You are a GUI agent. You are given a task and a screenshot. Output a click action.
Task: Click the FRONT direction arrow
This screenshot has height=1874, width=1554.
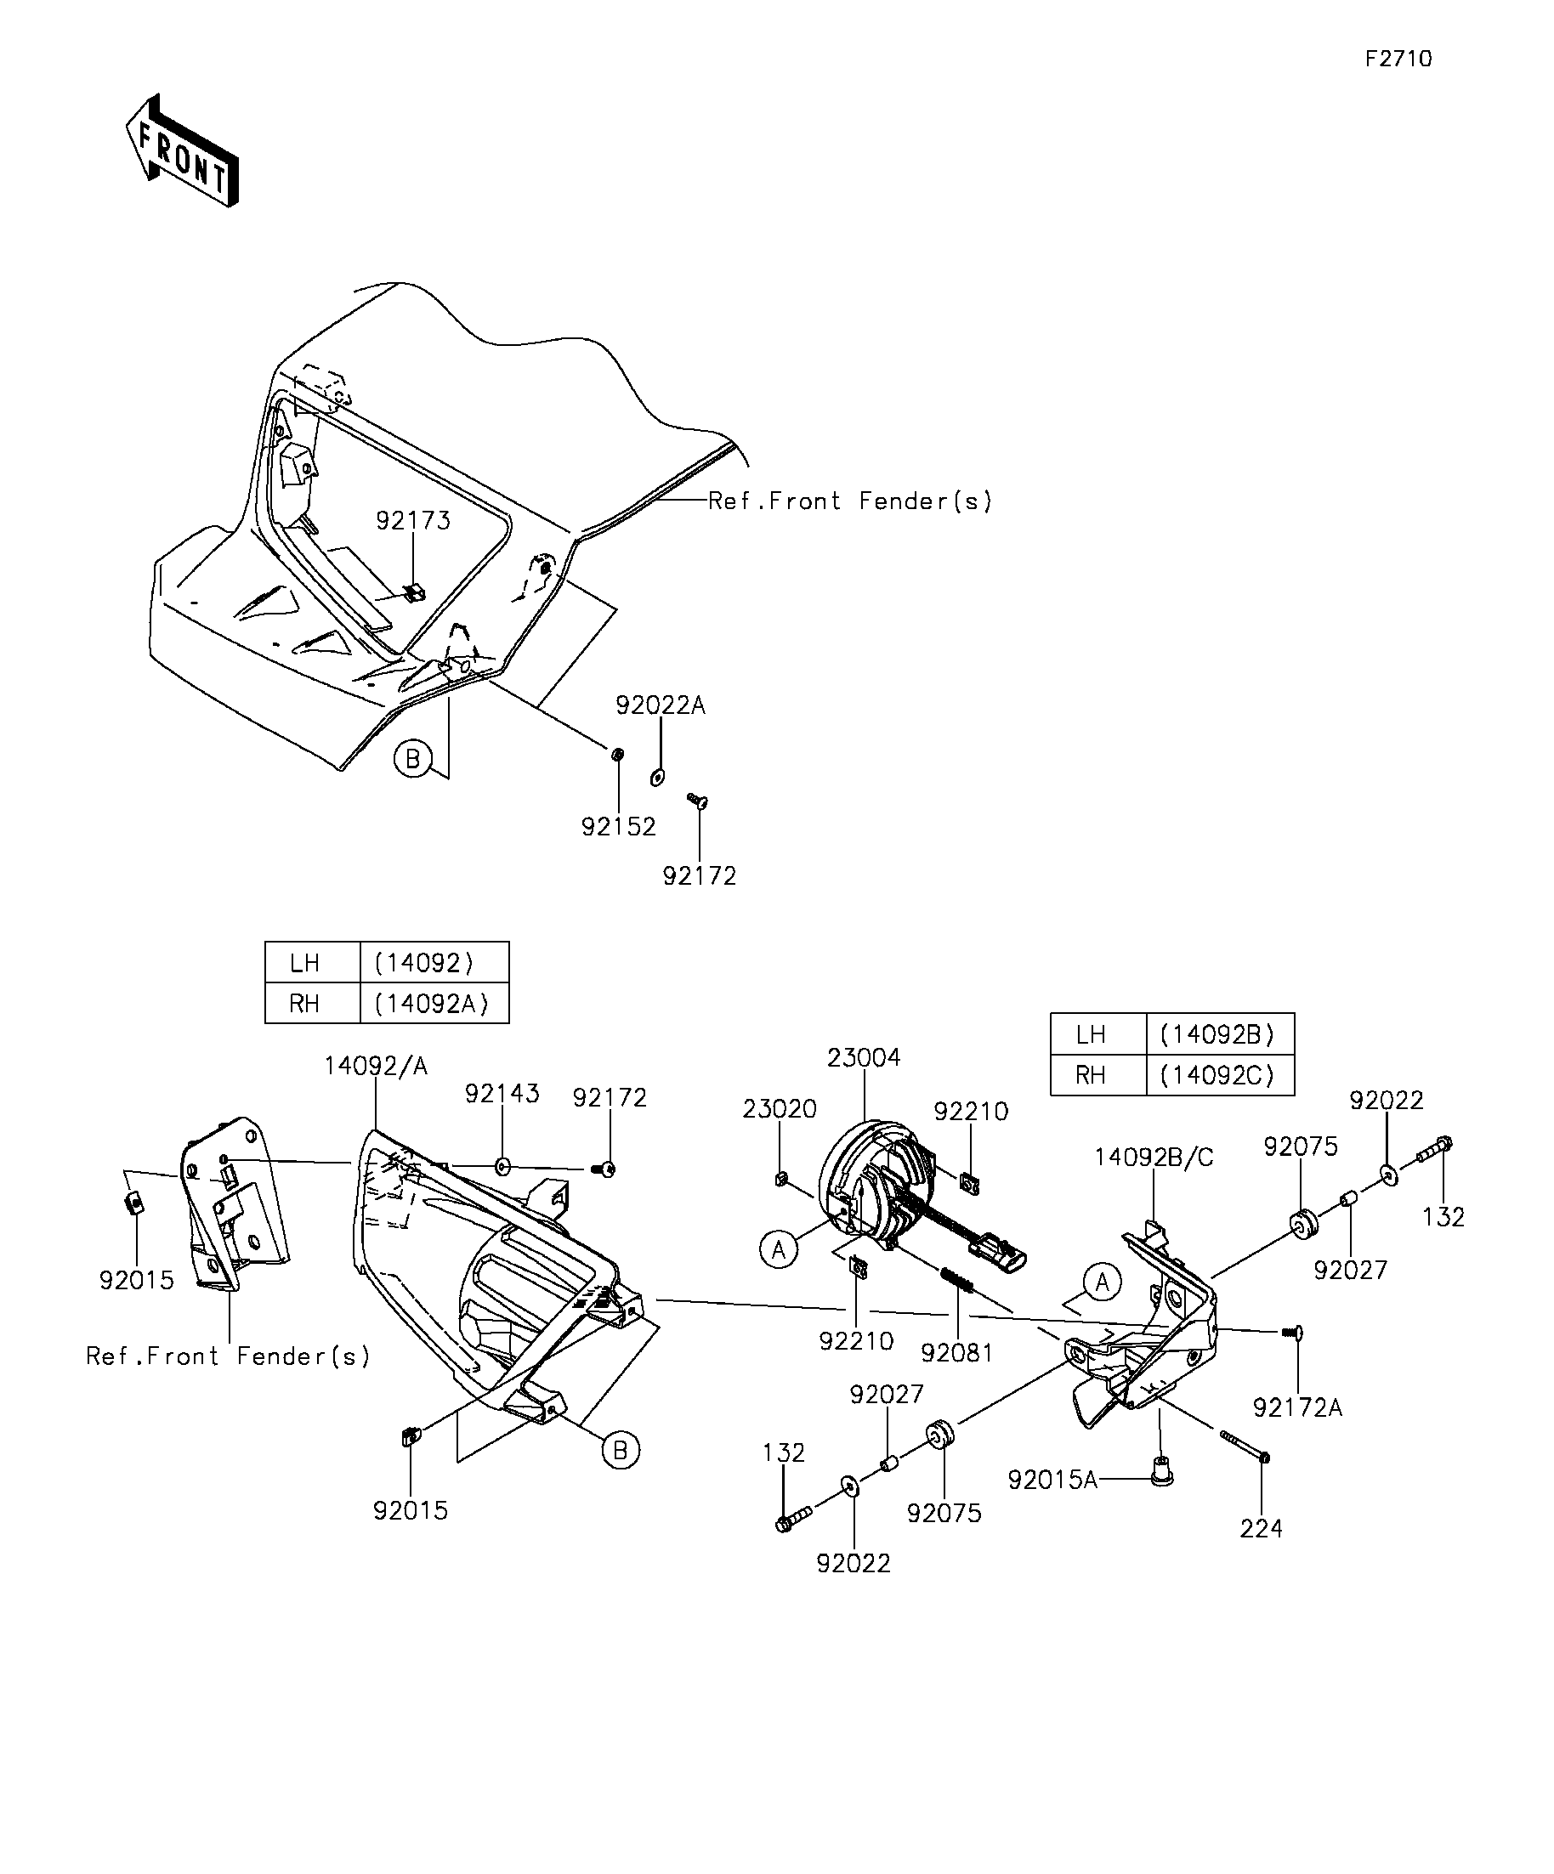click(x=182, y=150)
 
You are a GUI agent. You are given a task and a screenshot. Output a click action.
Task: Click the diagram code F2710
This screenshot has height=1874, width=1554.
click(x=1398, y=59)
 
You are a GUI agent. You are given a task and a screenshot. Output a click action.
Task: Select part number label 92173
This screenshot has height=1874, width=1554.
click(x=413, y=520)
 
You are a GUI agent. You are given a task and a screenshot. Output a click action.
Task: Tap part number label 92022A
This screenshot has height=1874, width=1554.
click(x=661, y=705)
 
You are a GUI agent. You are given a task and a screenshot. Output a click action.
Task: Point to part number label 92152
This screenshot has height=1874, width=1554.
click(x=619, y=826)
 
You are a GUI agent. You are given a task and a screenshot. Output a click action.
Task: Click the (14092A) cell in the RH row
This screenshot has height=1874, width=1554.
click(x=434, y=1003)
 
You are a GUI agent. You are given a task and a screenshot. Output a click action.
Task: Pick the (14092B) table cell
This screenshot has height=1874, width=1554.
click(x=1219, y=1034)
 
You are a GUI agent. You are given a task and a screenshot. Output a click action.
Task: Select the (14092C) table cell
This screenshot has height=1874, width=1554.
click(x=1219, y=1075)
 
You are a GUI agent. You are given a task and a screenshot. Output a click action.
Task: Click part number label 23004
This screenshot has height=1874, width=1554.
click(x=864, y=1057)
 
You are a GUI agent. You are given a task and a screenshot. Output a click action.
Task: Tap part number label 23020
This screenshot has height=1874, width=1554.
click(x=780, y=1109)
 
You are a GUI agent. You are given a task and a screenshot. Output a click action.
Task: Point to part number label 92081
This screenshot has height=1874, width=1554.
click(x=957, y=1353)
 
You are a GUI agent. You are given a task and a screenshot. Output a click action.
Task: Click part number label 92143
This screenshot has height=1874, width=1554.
click(x=502, y=1094)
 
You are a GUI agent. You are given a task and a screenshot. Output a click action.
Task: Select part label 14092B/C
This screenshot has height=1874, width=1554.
click(x=1155, y=1158)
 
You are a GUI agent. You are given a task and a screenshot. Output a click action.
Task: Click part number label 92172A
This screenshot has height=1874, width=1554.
click(x=1298, y=1407)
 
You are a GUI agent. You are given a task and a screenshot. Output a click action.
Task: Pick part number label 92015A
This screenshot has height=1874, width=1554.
click(x=1053, y=1480)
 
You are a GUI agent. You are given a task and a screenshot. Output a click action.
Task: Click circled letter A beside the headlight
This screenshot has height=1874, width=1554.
click(x=780, y=1250)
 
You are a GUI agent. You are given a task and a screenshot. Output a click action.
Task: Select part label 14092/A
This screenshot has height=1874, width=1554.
click(x=376, y=1066)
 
